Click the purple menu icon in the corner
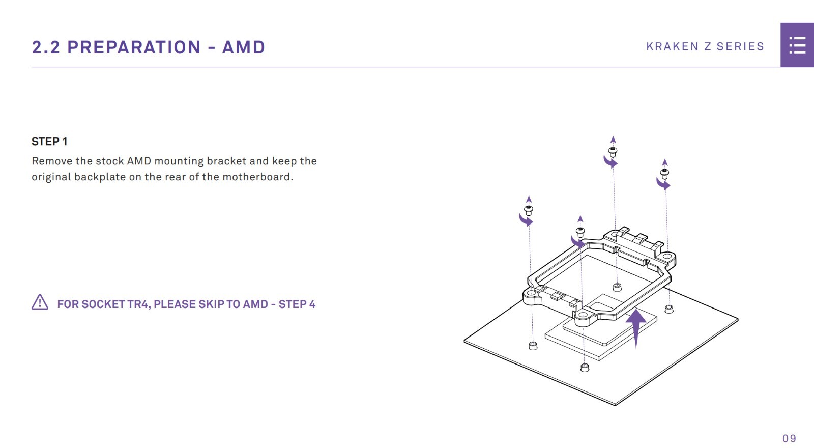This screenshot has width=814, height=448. pyautogui.click(x=797, y=45)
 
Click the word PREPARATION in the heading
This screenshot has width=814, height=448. pyautogui.click(x=134, y=47)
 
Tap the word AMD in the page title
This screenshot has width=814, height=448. pyautogui.click(x=243, y=47)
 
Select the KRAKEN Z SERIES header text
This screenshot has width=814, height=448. pyautogui.click(x=705, y=46)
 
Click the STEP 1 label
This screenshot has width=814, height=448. pyautogui.click(x=49, y=142)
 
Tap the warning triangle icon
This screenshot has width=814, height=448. pyautogui.click(x=40, y=302)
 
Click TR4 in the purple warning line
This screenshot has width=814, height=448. pyautogui.click(x=138, y=304)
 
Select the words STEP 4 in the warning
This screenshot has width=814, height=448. pyautogui.click(x=297, y=304)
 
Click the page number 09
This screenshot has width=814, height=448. pyautogui.click(x=789, y=438)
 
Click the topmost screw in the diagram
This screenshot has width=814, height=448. pyautogui.click(x=613, y=151)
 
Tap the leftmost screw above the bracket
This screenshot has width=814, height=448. pyautogui.click(x=529, y=210)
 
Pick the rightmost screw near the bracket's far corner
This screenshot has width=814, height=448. pyautogui.click(x=664, y=173)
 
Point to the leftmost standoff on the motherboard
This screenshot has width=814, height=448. pyautogui.click(x=533, y=346)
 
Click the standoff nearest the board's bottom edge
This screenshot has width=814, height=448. pyautogui.click(x=585, y=368)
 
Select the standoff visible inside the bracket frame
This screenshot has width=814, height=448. pyautogui.click(x=617, y=287)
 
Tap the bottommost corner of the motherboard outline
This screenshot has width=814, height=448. pyautogui.click(x=615, y=405)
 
